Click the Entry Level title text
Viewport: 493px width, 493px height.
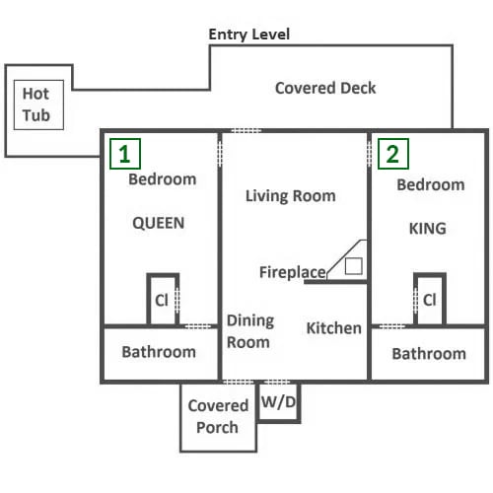coord(249,35)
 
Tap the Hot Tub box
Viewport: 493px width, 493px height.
coord(38,105)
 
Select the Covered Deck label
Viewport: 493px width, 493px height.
coord(325,88)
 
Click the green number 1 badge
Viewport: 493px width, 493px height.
coord(125,154)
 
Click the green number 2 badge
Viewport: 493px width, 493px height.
coord(393,154)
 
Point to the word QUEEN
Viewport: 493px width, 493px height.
coord(159,223)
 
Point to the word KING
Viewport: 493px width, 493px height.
coord(428,229)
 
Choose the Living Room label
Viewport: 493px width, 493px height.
coord(291,196)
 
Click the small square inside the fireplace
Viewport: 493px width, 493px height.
coord(354,266)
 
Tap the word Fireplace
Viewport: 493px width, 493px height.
coord(293,272)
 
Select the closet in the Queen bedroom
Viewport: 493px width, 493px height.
coord(163,299)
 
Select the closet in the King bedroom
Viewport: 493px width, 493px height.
coord(430,299)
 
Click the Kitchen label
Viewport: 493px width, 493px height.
coord(334,328)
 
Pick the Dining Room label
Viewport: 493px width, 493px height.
coord(250,331)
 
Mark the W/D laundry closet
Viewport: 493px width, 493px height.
coord(278,402)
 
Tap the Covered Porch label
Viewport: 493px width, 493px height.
coord(218,416)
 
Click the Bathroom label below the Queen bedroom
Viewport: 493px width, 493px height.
coord(159,352)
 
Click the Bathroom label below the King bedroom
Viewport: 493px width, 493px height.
coord(429,354)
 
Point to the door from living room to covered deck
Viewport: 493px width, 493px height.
coord(246,131)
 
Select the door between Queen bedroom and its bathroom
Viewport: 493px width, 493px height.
coord(198,326)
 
